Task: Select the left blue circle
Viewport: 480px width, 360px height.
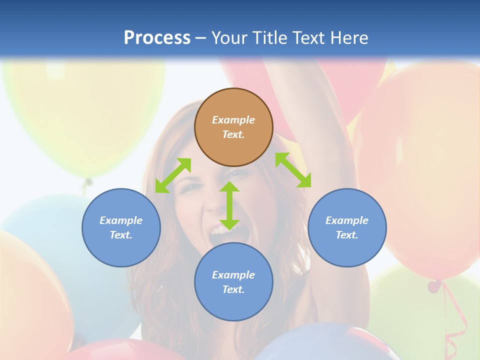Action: (x=121, y=227)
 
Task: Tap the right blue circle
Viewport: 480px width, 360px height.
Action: (x=347, y=227)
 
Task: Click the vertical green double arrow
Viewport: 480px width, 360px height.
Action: (x=229, y=205)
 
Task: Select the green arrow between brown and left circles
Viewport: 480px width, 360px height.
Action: (x=173, y=175)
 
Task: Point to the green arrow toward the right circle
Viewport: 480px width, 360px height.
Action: (x=293, y=170)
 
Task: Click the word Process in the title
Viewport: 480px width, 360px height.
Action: (x=157, y=37)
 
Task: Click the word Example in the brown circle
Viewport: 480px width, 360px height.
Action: (x=233, y=120)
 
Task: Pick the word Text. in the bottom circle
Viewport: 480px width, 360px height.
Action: (x=233, y=289)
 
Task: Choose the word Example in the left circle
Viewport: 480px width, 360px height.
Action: (x=121, y=220)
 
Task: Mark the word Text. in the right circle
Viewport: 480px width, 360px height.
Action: (x=347, y=235)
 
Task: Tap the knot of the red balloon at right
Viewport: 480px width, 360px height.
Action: (x=434, y=286)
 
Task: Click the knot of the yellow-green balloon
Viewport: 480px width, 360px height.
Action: (x=88, y=182)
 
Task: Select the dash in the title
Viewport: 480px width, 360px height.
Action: (x=201, y=38)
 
